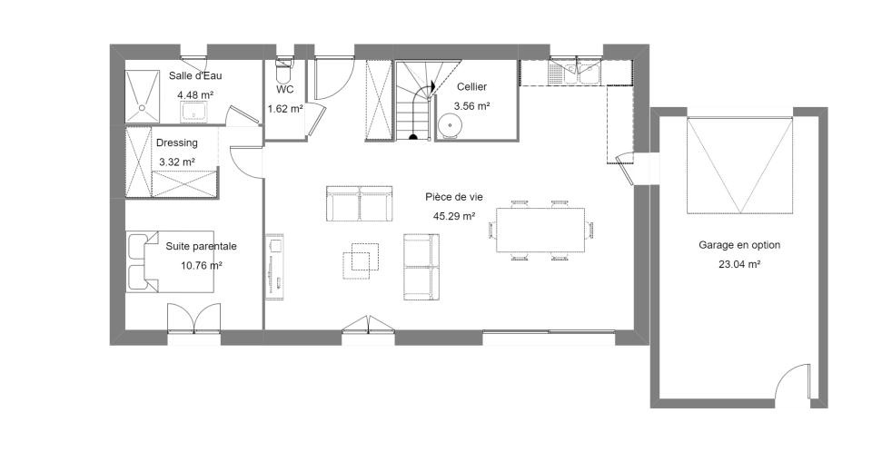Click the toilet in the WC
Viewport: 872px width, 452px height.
(x=283, y=70)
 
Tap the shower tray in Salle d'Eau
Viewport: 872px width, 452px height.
(x=143, y=95)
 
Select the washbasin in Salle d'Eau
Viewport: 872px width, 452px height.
(x=194, y=112)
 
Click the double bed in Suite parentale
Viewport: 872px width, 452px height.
(x=170, y=261)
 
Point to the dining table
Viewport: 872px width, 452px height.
(x=540, y=230)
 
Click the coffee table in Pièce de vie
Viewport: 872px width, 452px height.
(x=361, y=260)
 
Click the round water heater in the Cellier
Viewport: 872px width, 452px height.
(x=449, y=124)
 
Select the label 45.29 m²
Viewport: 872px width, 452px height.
(x=454, y=216)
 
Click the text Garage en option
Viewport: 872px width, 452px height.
(x=739, y=245)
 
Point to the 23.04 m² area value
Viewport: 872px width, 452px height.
(x=739, y=264)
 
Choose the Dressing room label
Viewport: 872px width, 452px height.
(x=177, y=142)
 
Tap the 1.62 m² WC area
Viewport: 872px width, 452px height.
(x=285, y=108)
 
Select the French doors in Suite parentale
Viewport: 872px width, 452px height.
(x=194, y=319)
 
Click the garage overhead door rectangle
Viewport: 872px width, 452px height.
(x=739, y=165)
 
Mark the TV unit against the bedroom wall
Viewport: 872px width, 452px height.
(x=274, y=267)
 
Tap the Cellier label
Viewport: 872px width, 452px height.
(x=471, y=87)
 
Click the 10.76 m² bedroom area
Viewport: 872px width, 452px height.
(x=202, y=266)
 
